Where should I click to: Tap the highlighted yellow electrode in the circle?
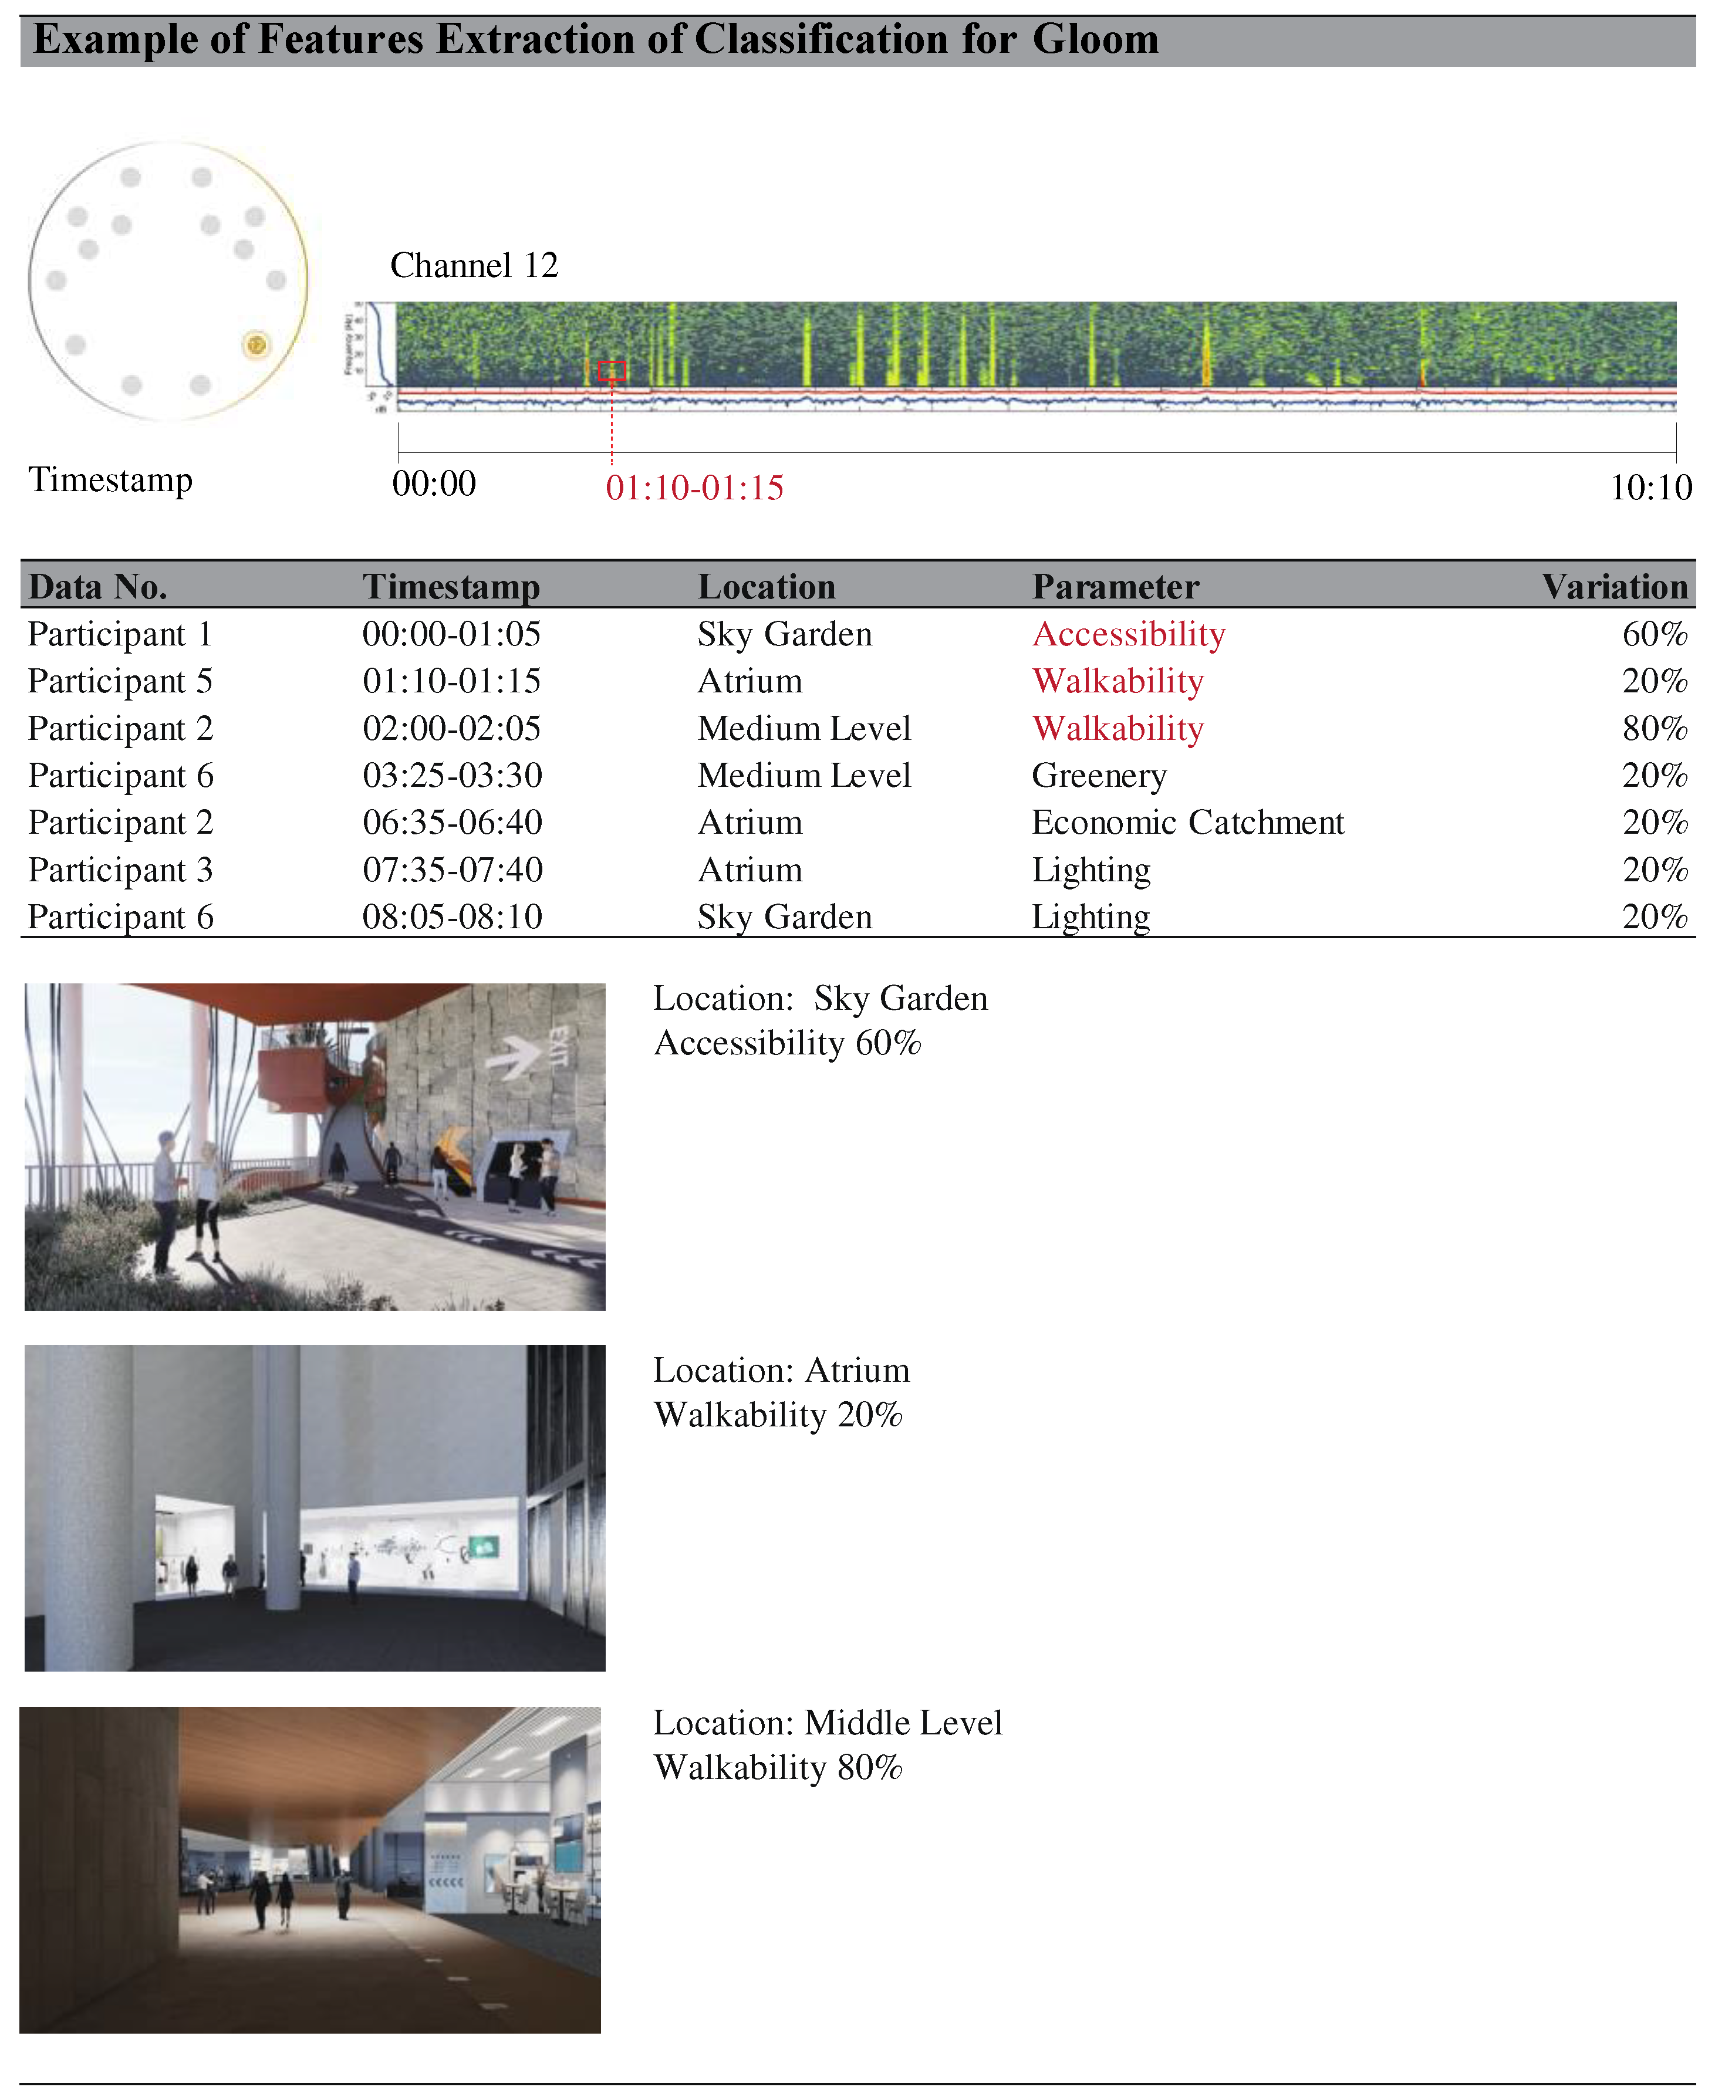point(256,345)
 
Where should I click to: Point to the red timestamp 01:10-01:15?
point(694,488)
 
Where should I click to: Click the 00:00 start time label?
point(434,484)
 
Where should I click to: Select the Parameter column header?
point(1115,587)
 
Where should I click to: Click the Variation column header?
point(1613,587)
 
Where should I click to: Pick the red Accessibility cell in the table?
point(1128,634)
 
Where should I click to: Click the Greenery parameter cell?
point(1099,776)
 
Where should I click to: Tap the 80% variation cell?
point(1654,729)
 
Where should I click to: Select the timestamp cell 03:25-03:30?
point(451,776)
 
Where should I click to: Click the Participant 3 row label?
point(120,870)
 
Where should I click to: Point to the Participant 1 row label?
point(120,634)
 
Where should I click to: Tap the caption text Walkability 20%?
point(778,1415)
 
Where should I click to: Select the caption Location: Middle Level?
point(827,1723)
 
